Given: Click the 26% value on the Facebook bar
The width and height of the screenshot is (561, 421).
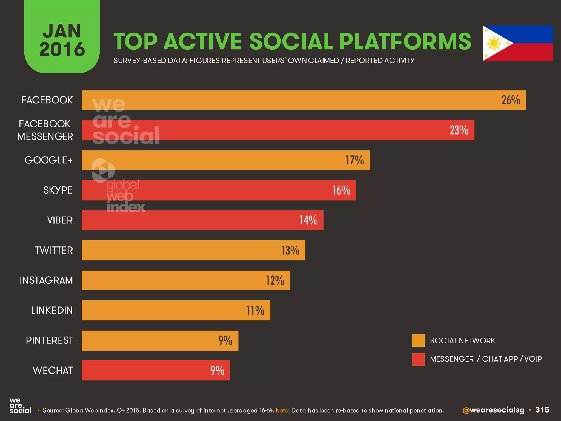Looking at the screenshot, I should point(511,100).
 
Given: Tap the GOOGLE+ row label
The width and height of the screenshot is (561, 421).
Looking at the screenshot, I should point(49,160).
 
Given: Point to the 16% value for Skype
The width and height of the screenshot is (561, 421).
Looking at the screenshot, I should point(341,190).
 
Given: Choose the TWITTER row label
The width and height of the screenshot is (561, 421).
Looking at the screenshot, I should point(54,250).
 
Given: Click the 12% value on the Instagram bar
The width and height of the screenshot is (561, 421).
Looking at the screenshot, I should point(275,280).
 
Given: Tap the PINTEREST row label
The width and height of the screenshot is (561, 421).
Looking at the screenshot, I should point(50,340).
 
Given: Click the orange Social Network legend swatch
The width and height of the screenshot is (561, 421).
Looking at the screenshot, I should point(418,341).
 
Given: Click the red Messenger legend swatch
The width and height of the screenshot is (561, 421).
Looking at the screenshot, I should point(418,359).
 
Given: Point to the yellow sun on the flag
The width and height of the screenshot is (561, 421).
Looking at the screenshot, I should point(494,43).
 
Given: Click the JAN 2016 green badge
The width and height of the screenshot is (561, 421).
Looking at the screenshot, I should point(62,38).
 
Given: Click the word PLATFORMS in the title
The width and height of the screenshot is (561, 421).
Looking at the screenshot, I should point(405,42).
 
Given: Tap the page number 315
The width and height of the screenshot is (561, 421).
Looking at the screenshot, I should point(542,410).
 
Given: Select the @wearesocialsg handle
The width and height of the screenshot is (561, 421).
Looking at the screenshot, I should point(493,410).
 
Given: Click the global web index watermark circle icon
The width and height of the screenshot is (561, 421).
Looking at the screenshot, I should point(103,170).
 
